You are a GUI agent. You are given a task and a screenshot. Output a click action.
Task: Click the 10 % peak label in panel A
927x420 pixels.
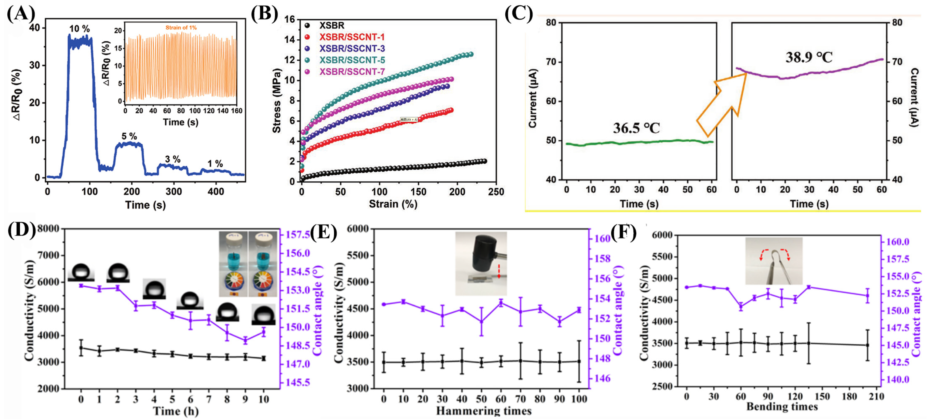coord(79,29)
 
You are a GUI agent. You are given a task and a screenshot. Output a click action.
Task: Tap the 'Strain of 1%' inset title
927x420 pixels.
coord(181,28)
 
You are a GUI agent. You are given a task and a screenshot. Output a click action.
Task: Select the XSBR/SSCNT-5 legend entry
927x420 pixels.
coord(352,60)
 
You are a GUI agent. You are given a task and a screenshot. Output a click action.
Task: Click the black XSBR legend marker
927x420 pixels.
coord(307,25)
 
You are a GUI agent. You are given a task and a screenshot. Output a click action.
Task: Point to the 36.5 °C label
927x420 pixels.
coord(636,128)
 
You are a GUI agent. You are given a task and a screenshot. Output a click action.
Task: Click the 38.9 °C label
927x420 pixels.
coord(809,57)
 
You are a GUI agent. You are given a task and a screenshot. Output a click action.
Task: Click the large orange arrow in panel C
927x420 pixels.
coord(722,105)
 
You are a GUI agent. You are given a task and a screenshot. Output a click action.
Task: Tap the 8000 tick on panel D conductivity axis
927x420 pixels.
coord(49,229)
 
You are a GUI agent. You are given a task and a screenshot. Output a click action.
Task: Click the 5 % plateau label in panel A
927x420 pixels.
coord(129,136)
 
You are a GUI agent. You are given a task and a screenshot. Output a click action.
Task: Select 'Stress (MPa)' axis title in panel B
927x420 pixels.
coord(276,100)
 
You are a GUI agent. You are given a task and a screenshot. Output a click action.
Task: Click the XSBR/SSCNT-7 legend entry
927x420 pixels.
coord(352,72)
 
